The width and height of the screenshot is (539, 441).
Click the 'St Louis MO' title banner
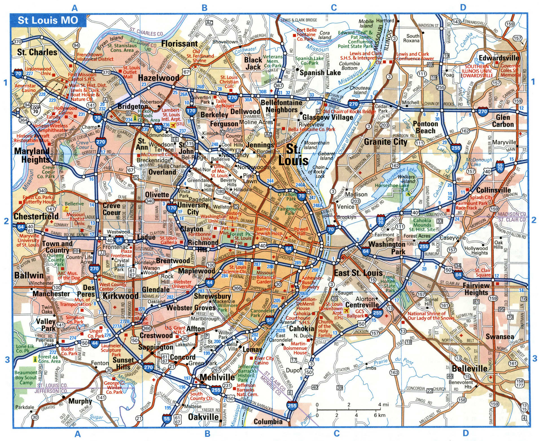(x=48, y=20)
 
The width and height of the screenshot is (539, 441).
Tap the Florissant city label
(x=179, y=44)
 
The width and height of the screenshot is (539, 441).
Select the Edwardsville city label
(x=499, y=58)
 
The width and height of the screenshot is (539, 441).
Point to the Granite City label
(x=385, y=142)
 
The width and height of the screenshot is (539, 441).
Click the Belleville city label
(x=469, y=369)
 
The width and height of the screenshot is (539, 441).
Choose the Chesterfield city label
(x=36, y=216)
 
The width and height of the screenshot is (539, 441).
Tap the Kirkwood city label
(x=120, y=296)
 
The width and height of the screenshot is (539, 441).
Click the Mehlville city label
(x=217, y=377)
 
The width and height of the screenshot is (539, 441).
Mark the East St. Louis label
(x=358, y=273)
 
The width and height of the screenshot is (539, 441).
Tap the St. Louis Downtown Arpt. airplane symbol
(x=346, y=311)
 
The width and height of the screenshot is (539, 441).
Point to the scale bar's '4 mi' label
(x=384, y=405)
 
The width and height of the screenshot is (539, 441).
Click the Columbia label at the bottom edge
(x=268, y=422)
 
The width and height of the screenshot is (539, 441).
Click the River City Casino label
(x=264, y=360)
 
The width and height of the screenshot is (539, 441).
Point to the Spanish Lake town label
(x=320, y=73)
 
